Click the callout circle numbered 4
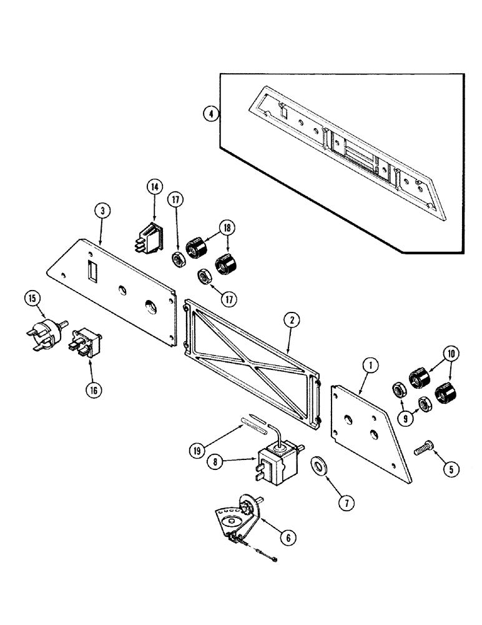click(x=212, y=114)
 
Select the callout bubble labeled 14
click(x=154, y=186)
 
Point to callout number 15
click(x=33, y=299)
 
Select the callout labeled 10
click(x=451, y=354)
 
